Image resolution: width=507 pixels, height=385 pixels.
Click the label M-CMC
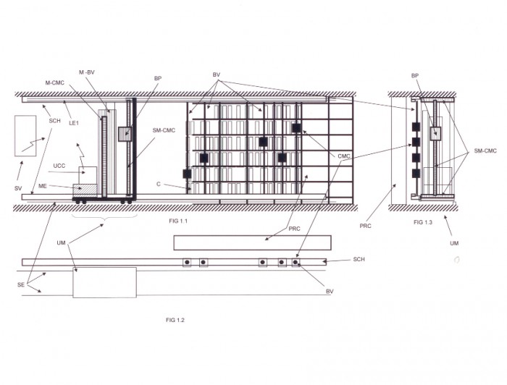click(54, 83)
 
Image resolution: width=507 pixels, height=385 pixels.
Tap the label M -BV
click(87, 72)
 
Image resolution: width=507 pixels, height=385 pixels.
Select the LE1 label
click(74, 123)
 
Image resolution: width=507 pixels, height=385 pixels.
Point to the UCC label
click(59, 166)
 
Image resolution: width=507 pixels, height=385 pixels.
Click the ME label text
click(43, 187)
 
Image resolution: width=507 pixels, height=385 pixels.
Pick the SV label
click(18, 188)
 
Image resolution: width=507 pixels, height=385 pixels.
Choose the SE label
click(21, 285)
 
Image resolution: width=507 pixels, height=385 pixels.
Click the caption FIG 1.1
click(178, 221)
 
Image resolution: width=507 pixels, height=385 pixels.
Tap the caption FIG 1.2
click(175, 320)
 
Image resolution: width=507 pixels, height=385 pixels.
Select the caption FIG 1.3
click(423, 222)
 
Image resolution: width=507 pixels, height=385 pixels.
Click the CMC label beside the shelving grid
click(344, 156)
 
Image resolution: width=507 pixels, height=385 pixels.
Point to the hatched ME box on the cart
click(85, 190)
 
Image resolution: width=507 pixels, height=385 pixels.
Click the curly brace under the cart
click(104, 218)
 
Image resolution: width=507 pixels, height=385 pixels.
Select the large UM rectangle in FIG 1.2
click(104, 282)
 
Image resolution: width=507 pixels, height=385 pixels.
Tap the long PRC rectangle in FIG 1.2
click(252, 243)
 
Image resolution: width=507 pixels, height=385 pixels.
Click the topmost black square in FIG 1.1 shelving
click(296, 128)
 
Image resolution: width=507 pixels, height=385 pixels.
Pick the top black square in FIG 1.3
click(416, 127)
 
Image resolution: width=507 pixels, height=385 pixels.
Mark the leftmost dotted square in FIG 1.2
click(187, 262)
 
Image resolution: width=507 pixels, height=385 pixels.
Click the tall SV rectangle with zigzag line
click(25, 136)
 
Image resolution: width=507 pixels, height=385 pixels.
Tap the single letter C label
click(159, 184)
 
